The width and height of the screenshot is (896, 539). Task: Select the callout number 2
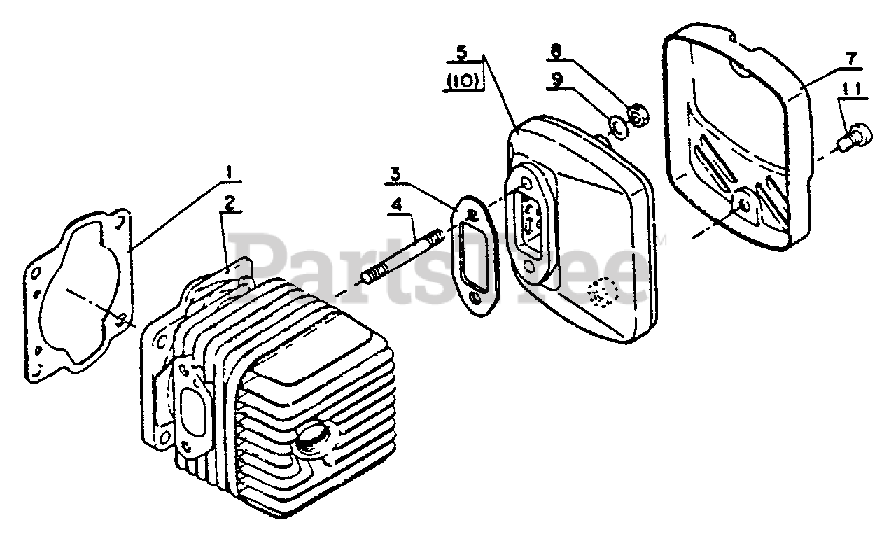[229, 202]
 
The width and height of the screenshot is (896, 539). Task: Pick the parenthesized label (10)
[462, 81]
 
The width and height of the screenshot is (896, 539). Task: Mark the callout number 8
[556, 50]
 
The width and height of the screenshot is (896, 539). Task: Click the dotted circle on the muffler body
[601, 294]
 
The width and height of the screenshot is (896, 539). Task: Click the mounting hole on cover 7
[743, 204]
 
